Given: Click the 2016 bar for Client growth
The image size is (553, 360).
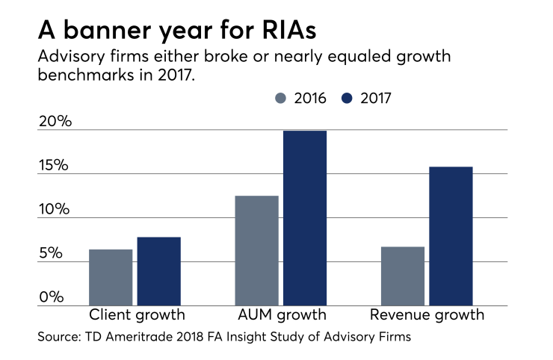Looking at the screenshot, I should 111,277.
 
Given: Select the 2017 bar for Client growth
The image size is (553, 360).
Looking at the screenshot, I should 158,271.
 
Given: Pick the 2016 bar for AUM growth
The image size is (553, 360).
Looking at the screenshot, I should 256,250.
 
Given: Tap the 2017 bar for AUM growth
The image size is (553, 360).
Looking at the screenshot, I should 304,218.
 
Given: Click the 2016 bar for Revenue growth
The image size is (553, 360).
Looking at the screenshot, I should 402,276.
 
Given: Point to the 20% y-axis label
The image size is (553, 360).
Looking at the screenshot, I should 55,121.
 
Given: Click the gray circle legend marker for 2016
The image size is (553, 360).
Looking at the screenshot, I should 281,98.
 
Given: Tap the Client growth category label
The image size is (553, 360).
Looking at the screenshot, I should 137,314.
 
